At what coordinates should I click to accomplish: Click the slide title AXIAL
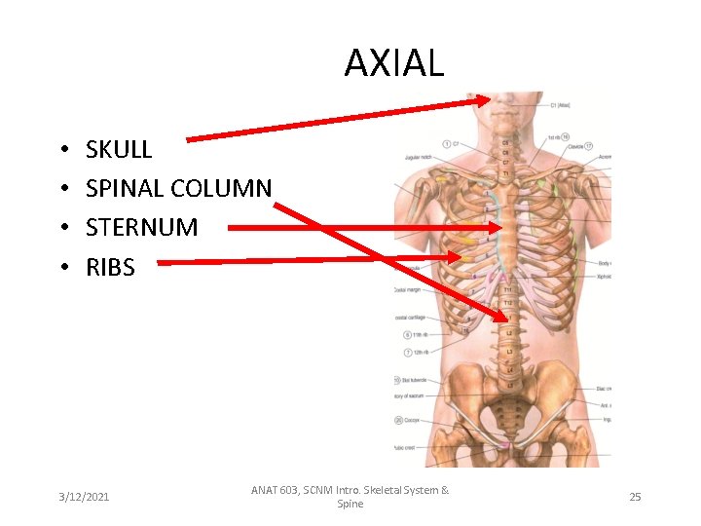tap(393, 63)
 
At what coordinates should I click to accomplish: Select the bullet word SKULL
tap(119, 149)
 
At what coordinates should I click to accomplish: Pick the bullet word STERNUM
tap(141, 227)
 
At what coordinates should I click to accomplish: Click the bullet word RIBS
tap(110, 266)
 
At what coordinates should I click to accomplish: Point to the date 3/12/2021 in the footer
tap(83, 497)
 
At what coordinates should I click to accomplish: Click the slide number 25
tap(635, 497)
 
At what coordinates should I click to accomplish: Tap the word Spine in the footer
tap(350, 504)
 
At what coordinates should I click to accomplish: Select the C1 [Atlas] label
tap(560, 105)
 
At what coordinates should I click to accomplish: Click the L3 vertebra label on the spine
tap(508, 352)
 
